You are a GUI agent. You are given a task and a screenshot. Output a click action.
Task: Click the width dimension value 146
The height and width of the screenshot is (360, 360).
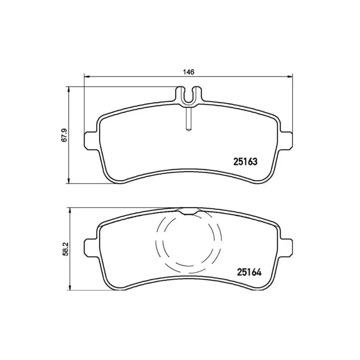tap(189, 72)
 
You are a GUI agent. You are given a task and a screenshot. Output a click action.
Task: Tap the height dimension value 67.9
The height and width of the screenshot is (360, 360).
tap(64, 135)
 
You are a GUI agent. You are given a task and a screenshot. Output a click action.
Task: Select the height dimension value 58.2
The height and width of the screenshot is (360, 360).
tap(64, 248)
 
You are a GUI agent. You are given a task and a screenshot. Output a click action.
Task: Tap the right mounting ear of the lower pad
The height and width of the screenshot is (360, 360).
tap(287, 247)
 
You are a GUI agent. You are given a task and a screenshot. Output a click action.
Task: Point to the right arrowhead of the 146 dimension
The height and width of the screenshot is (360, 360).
tap(290, 77)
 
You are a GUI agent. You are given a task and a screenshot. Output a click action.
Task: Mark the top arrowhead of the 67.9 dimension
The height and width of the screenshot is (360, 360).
tap(68, 89)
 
